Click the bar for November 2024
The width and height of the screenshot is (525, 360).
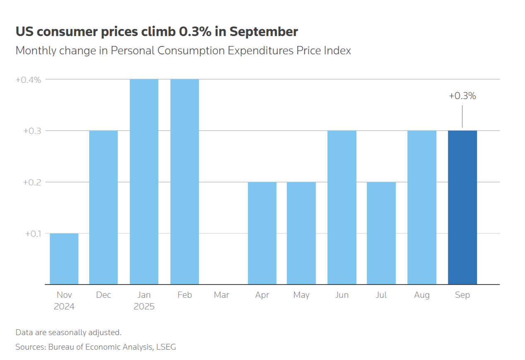(x=64, y=259)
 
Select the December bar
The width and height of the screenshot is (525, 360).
(x=104, y=207)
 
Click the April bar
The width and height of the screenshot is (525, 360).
(x=262, y=233)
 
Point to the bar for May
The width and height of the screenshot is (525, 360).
(x=301, y=233)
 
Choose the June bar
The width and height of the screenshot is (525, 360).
(x=342, y=207)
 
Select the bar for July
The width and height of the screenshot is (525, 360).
(x=381, y=233)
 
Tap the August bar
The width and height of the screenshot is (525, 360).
(x=422, y=207)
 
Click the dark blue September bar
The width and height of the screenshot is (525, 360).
(x=462, y=207)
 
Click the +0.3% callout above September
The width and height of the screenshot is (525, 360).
(x=462, y=96)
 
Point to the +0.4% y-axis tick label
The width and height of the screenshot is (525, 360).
(x=28, y=80)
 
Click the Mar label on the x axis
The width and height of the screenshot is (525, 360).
(x=222, y=295)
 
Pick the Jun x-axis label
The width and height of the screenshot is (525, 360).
(x=342, y=295)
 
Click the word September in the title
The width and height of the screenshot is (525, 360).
(x=264, y=32)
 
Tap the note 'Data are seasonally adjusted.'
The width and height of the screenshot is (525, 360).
(x=68, y=332)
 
